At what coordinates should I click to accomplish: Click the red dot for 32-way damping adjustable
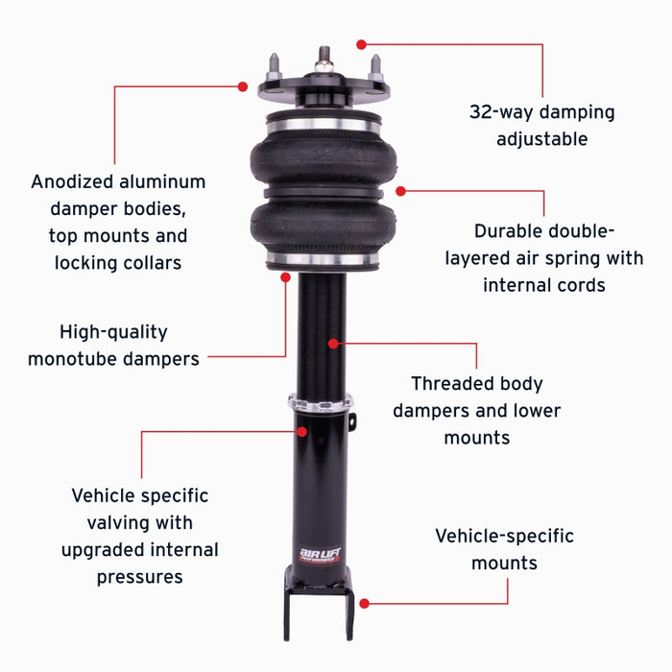click(x=361, y=43)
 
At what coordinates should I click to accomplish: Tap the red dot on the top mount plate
click(x=243, y=85)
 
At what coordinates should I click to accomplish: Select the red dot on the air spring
click(x=400, y=191)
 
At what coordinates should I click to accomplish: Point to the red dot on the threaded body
click(x=333, y=343)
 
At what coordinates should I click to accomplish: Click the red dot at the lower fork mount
click(x=364, y=603)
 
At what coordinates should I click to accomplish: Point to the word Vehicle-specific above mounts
click(x=504, y=536)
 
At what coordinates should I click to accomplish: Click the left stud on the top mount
click(x=273, y=66)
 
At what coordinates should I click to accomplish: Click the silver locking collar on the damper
click(x=319, y=401)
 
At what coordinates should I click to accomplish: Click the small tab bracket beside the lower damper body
click(x=352, y=422)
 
